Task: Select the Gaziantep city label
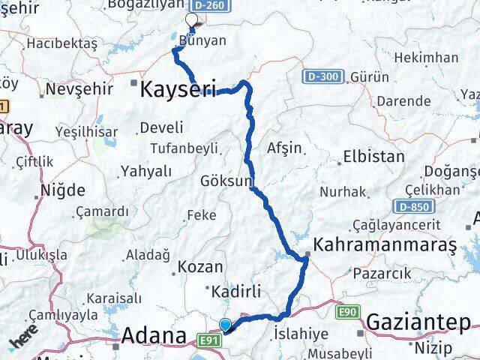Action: [x=418, y=323]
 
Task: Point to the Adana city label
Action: [x=154, y=335]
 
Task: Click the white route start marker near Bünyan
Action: [x=191, y=20]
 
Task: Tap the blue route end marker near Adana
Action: [x=225, y=325]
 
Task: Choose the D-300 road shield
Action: [x=324, y=76]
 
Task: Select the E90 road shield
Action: [x=347, y=310]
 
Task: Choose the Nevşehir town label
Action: [x=79, y=89]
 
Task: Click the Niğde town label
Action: [x=63, y=190]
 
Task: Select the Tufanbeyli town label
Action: [x=184, y=147]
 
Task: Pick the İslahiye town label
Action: [x=301, y=332]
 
